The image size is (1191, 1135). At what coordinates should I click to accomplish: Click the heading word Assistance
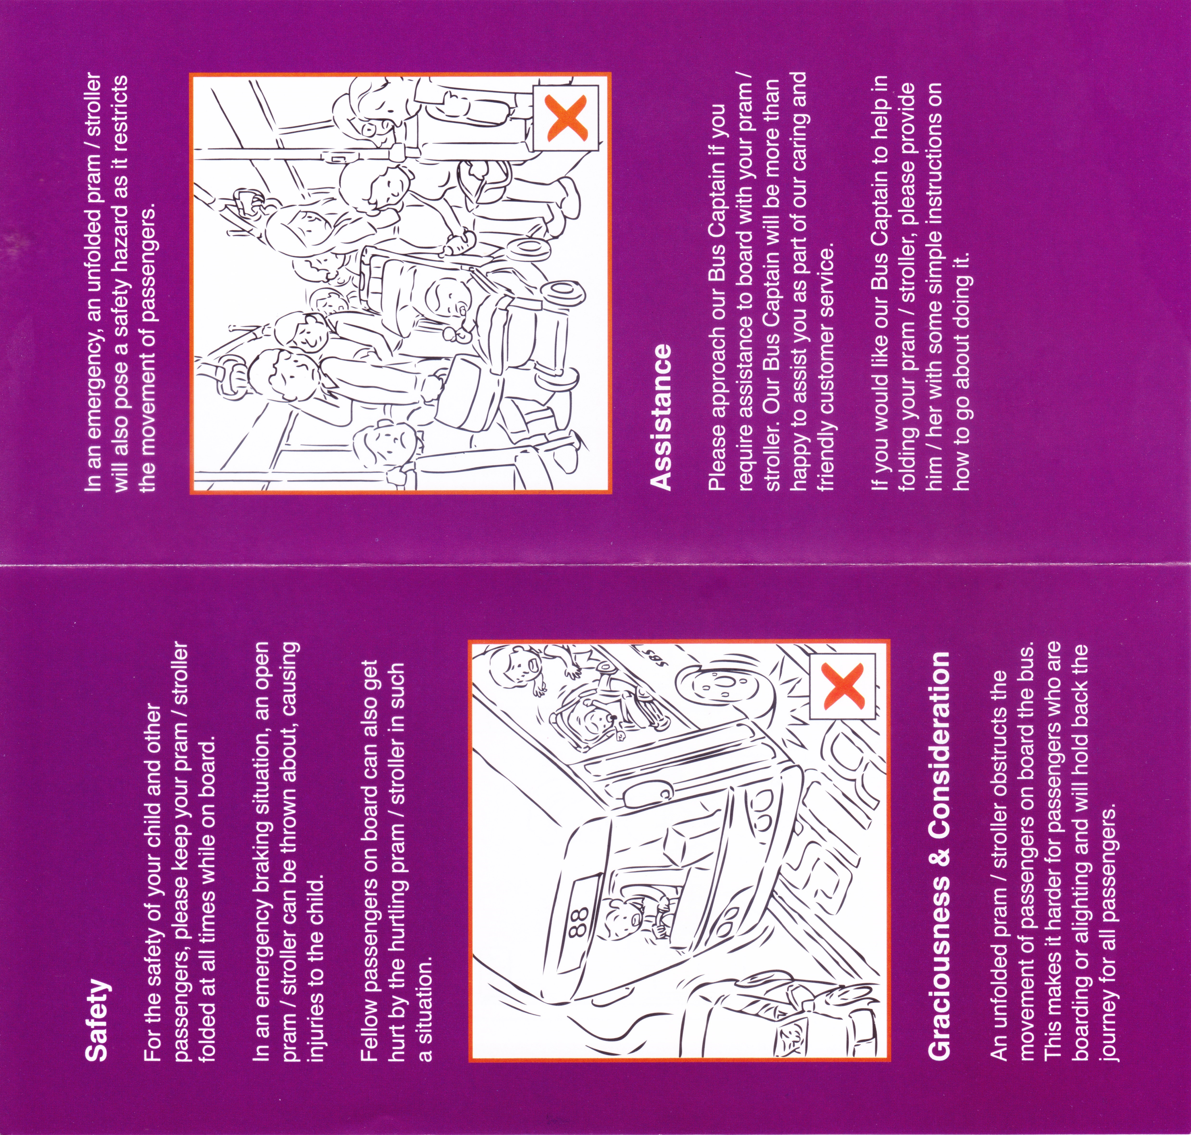[x=660, y=417]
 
